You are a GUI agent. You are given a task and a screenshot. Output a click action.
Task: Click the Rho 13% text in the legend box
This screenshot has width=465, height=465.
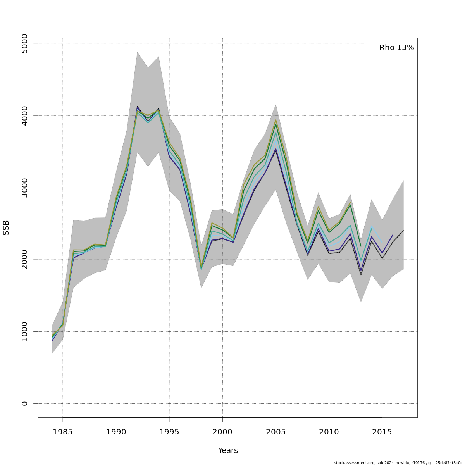[x=396, y=48]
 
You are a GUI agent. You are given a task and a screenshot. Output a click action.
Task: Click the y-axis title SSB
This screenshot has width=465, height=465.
[x=6, y=227]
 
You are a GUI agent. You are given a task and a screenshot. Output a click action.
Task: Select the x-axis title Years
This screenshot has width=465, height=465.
[x=228, y=450]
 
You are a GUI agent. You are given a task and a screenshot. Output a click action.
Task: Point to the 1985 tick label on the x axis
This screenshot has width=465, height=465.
[x=63, y=431]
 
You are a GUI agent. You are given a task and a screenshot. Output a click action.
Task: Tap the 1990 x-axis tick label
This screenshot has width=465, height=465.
[x=116, y=431]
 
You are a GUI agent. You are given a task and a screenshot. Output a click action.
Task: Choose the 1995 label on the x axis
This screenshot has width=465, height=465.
[x=169, y=431]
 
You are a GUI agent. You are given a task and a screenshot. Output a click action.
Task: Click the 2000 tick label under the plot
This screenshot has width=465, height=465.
[x=222, y=431]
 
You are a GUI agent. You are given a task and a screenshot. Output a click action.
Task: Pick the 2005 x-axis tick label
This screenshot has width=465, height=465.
[x=276, y=431]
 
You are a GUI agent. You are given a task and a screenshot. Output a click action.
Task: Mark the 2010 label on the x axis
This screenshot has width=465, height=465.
[x=329, y=431]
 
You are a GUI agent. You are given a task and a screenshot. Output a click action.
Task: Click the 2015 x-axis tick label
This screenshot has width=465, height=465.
[x=382, y=431]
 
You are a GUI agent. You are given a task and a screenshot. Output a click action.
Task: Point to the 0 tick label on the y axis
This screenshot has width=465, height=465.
[x=25, y=403]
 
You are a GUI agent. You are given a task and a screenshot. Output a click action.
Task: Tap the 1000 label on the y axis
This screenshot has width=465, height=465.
[x=25, y=331]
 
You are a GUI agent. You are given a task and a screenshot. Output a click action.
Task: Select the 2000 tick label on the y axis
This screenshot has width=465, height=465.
[x=25, y=260]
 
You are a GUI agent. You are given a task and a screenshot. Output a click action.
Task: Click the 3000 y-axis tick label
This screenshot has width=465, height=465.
[x=25, y=188]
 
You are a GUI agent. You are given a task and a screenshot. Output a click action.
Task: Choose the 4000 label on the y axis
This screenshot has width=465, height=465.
[x=25, y=115]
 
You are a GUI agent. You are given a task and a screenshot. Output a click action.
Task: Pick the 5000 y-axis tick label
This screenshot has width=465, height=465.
[x=25, y=44]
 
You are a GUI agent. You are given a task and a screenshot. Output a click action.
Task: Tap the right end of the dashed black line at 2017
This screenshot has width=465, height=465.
[x=403, y=231]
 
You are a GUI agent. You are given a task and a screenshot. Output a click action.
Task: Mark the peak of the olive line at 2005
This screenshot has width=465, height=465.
[x=276, y=119]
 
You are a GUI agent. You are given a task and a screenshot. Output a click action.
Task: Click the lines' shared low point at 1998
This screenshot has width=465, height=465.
[x=201, y=268]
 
